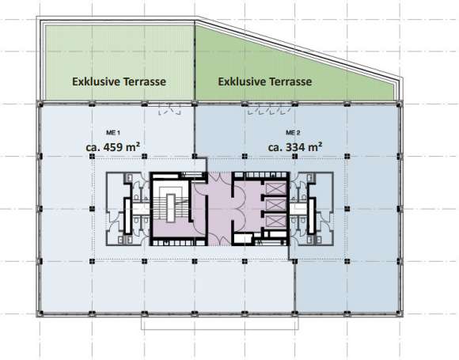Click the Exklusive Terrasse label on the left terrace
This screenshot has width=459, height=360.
pyautogui.click(x=119, y=81)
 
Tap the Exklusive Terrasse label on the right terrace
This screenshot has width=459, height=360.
pyautogui.click(x=265, y=81)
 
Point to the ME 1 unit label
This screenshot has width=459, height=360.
pyautogui.click(x=113, y=133)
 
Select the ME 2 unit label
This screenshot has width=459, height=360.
pyautogui.click(x=293, y=133)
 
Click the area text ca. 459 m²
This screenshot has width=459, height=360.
pyautogui.click(x=112, y=146)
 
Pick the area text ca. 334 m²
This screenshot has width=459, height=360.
pyautogui.click(x=295, y=146)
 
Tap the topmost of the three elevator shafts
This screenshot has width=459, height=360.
pyautogui.click(x=276, y=188)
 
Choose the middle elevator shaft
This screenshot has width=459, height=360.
pyautogui.click(x=276, y=205)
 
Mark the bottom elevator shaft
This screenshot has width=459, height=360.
pyautogui.click(x=276, y=221)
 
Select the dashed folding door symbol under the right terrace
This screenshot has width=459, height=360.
pyautogui.click(x=269, y=109)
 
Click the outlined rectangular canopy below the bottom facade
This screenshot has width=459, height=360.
pyautogui.click(x=220, y=323)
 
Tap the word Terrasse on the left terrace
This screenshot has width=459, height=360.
pyautogui.click(x=145, y=81)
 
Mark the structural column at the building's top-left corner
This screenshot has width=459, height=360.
pyautogui.click(x=40, y=104)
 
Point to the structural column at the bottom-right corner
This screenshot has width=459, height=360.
pyautogui.click(x=399, y=313)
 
